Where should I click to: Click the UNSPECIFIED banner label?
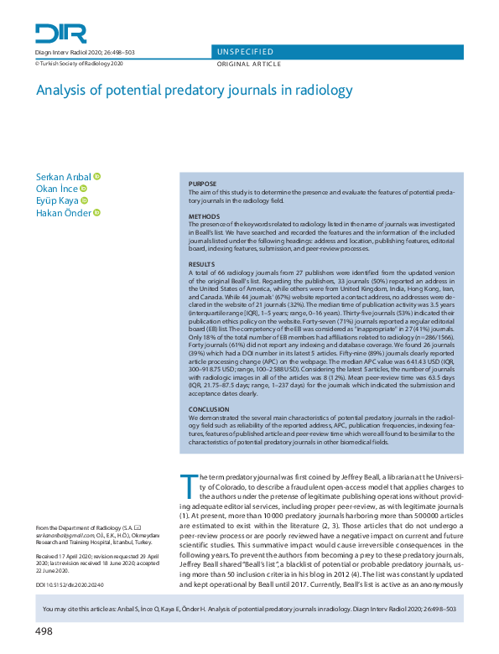pyautogui.click(x=244, y=52)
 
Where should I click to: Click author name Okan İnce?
pyautogui.click(x=57, y=189)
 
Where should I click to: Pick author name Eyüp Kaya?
pyautogui.click(x=56, y=200)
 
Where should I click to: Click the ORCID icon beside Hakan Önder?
pyautogui.click(x=96, y=213)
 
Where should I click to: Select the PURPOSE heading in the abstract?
pyautogui.click(x=203, y=183)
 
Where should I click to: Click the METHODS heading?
pyautogui.click(x=204, y=215)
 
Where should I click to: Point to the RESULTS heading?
pyautogui.click(x=202, y=263)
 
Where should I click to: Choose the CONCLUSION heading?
pyautogui.click(x=210, y=408)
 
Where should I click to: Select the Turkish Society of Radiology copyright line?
pyautogui.click(x=79, y=63)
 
